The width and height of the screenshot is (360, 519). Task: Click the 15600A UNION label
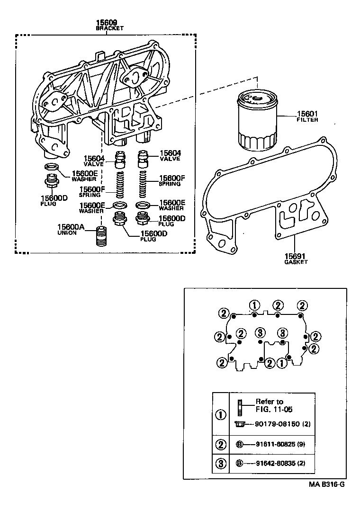coord(71,230)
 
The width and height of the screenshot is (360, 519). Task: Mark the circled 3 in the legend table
coord(221,464)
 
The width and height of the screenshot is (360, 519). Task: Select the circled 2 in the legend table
coord(221,445)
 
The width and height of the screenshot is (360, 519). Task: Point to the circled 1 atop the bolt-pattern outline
coord(254,305)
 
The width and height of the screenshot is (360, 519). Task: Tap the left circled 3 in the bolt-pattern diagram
coord(260,332)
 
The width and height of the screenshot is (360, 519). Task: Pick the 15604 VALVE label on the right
coord(170,156)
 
